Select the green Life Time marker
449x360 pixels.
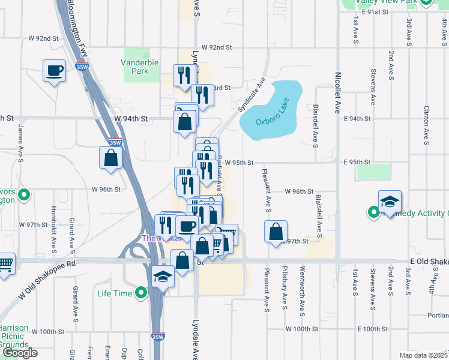tap(141, 293)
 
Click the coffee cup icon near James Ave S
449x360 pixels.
tap(54, 71)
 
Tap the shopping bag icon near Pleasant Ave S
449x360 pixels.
tap(276, 232)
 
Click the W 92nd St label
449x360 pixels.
tap(217, 47)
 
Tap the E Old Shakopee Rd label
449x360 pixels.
tap(429, 262)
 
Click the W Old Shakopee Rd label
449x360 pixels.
tap(49, 281)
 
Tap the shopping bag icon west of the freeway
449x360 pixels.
tap(111, 158)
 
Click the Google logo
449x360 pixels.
tap(20, 353)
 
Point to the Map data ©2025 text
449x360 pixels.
tap(424, 355)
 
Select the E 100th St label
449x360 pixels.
tap(373, 329)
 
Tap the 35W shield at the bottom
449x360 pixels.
tap(157, 337)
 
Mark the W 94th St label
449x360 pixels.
tap(131, 119)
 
